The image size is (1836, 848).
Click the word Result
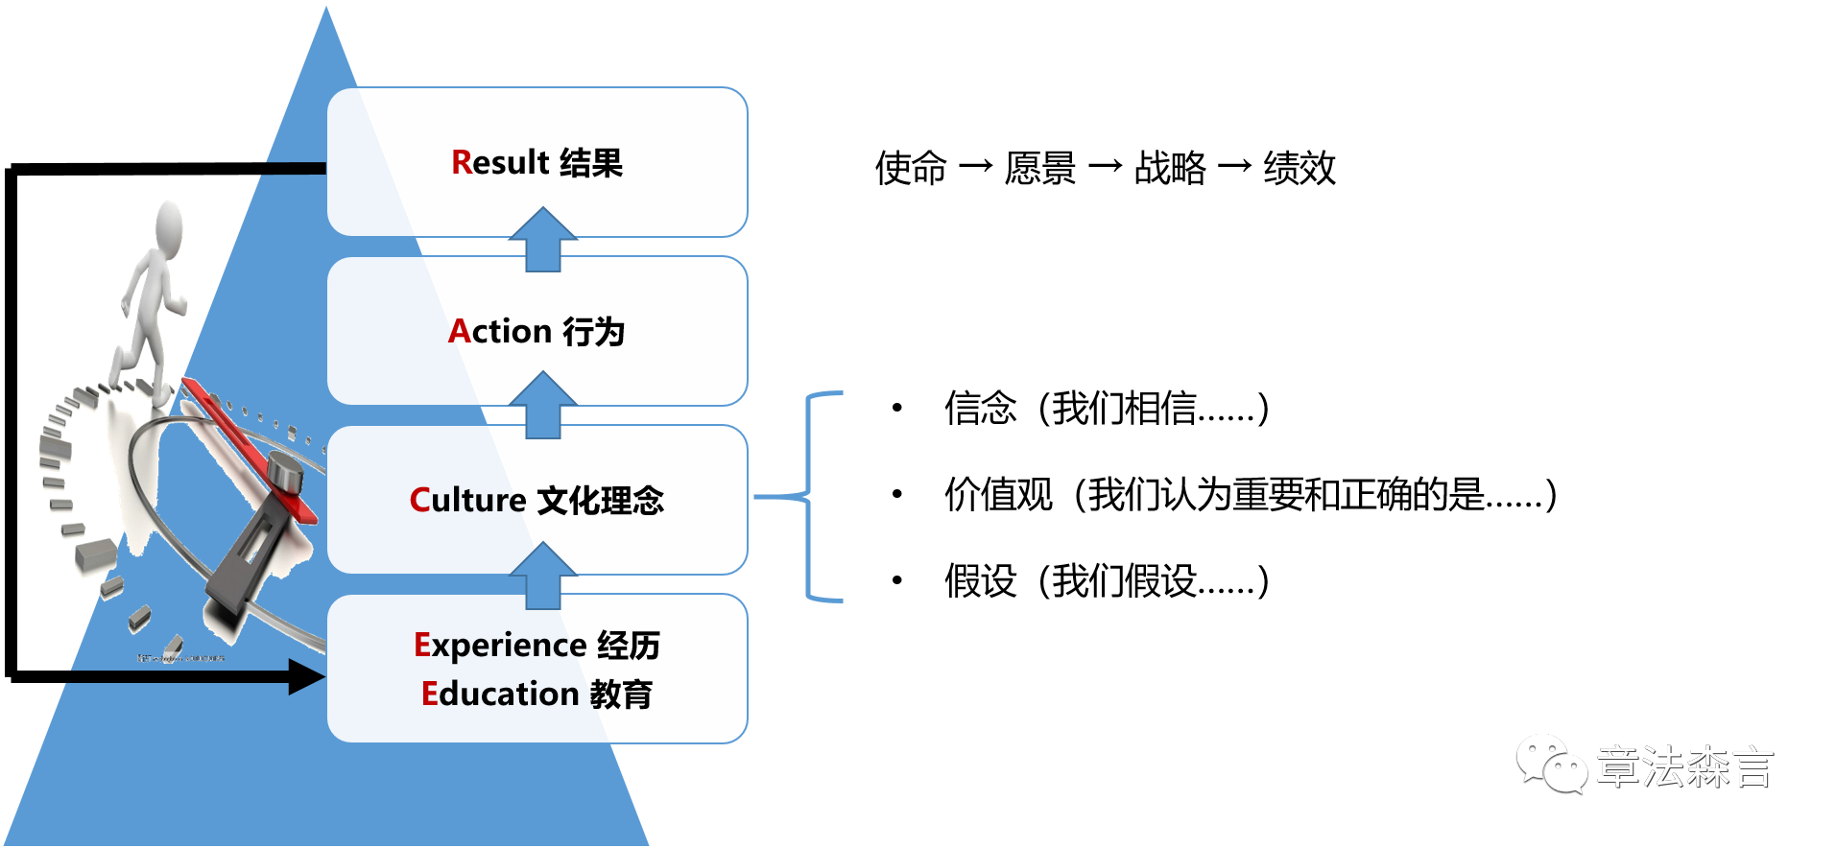pyautogui.click(x=499, y=162)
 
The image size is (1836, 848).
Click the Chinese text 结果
pyautogui.click(x=591, y=163)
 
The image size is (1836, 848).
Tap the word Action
pyautogui.click(x=499, y=331)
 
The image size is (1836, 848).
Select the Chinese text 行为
pyautogui.click(x=594, y=332)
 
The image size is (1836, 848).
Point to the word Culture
pyautogui.click(x=467, y=500)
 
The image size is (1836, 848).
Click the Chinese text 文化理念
pyautogui.click(x=601, y=501)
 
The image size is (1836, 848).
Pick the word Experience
pyautogui.click(x=499, y=646)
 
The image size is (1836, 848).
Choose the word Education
pyautogui.click(x=499, y=694)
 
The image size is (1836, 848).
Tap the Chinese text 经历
pyautogui.click(x=629, y=646)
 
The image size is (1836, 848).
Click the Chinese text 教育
pyautogui.click(x=621, y=694)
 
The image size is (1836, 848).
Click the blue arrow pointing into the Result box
pyautogui.click(x=543, y=240)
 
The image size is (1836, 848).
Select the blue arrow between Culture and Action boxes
pyautogui.click(x=543, y=406)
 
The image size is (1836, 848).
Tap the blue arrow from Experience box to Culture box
pyautogui.click(x=543, y=576)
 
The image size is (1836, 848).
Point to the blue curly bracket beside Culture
pyautogui.click(x=811, y=497)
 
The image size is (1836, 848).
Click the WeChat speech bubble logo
pyautogui.click(x=1551, y=764)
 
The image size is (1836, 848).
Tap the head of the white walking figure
pyautogui.click(x=170, y=222)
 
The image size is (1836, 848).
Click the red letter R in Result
pyautogui.click(x=461, y=162)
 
